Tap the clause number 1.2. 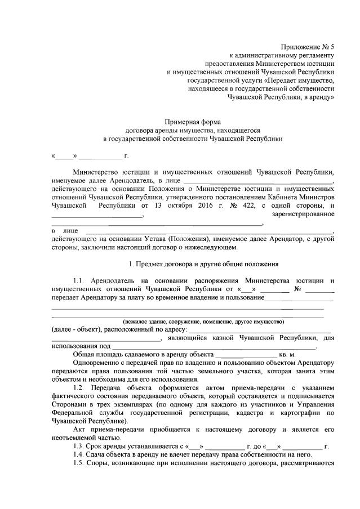tap(82, 389)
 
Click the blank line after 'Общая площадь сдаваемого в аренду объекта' tap(245, 355)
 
